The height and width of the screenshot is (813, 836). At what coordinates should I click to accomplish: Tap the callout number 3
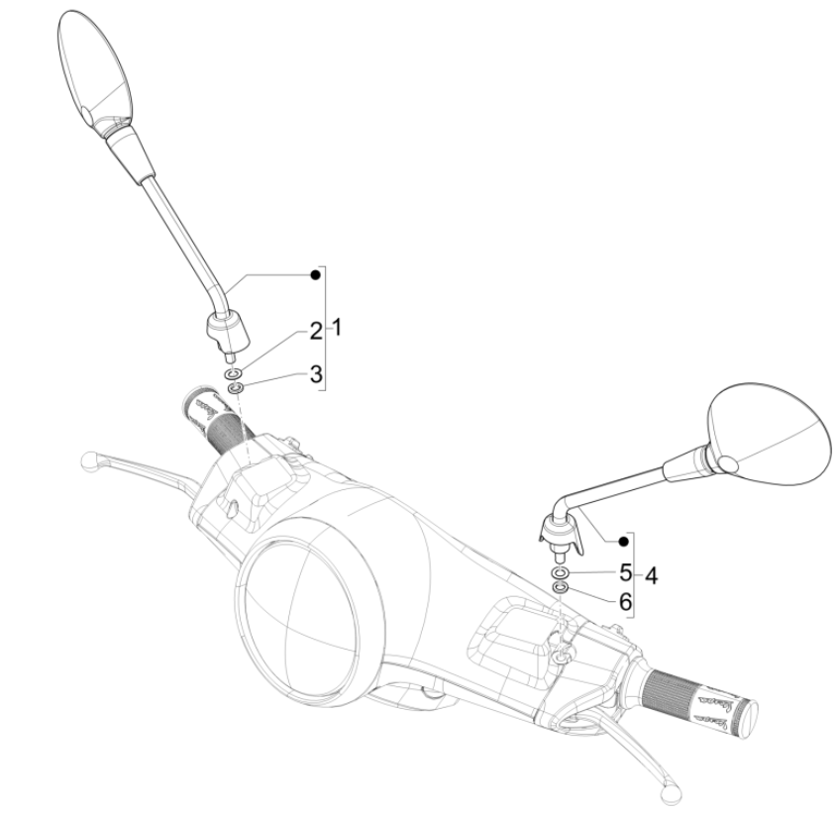(314, 373)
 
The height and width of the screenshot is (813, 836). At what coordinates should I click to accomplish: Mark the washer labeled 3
(236, 389)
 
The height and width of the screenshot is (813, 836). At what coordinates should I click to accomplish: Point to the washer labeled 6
(560, 589)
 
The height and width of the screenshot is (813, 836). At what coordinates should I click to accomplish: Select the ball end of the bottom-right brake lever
(672, 792)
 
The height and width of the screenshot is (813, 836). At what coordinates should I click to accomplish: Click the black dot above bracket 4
(622, 540)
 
